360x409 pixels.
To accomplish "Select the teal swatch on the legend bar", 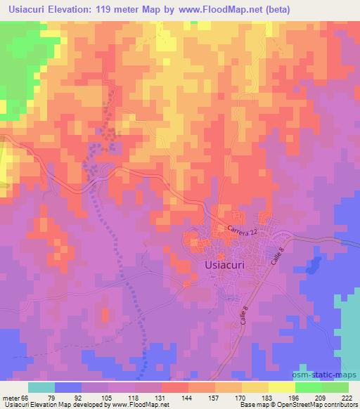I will point(41,387).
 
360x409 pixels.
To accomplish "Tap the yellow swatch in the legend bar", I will point(281,387).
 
